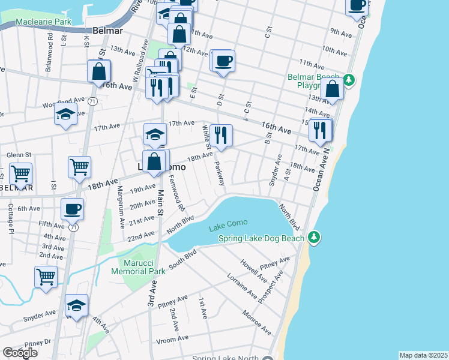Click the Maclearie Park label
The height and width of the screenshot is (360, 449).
pos(36,22)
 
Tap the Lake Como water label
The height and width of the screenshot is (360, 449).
pos(228,229)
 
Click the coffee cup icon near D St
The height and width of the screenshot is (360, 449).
pos(224,61)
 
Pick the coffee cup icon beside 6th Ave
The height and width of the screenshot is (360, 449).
pos(73,209)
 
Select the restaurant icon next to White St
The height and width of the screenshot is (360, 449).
pos(221,135)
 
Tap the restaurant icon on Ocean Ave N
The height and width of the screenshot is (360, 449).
pos(320,130)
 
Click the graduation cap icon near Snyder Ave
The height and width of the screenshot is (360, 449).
pos(76,305)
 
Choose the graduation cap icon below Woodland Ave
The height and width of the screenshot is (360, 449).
pos(66,115)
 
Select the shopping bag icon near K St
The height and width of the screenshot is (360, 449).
pos(98,71)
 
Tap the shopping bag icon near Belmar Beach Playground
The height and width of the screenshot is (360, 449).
pos(332,89)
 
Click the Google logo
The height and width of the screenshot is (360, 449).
pos(19,353)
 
